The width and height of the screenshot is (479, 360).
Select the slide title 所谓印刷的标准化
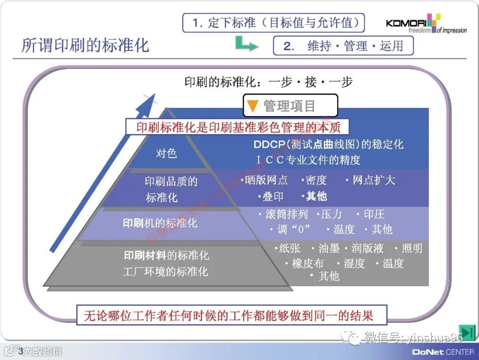(86, 45)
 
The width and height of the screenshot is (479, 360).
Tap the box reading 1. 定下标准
(273, 23)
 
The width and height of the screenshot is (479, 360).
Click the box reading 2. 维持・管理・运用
(343, 46)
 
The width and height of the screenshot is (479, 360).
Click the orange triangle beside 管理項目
(252, 106)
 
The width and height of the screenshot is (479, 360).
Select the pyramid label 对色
(166, 154)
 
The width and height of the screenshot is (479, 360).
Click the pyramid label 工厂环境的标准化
(165, 271)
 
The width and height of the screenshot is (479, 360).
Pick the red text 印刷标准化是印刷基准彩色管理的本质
(238, 127)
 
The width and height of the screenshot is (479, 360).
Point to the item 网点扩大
(373, 180)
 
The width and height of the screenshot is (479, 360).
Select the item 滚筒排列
(286, 214)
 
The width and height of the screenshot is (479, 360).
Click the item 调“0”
(294, 229)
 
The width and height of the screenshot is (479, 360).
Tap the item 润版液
(367, 249)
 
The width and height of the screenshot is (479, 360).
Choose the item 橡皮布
(307, 264)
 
